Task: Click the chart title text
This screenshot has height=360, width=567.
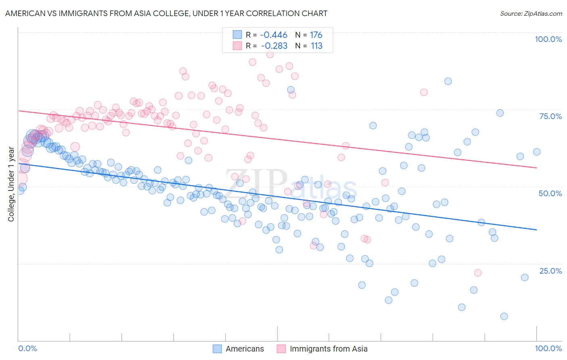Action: (x=166, y=13)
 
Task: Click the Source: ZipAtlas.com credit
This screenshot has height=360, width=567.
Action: (x=531, y=13)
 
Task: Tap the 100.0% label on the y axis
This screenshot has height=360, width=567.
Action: (x=548, y=39)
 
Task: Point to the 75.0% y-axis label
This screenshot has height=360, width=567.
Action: (x=550, y=116)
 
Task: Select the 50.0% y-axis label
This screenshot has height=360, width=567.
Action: (x=550, y=193)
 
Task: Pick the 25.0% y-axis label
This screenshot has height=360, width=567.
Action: (x=550, y=270)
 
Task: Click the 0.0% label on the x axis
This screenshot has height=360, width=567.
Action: (x=27, y=348)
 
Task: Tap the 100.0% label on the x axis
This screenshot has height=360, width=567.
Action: (x=548, y=348)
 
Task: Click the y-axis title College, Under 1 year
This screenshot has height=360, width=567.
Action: (x=11, y=184)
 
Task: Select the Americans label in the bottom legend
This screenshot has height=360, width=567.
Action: (x=244, y=349)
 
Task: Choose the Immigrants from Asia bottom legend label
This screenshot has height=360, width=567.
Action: (x=328, y=349)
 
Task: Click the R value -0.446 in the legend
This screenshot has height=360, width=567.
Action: (x=273, y=35)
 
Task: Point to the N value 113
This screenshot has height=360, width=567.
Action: (x=317, y=46)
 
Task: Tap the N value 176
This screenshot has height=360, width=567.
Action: (x=316, y=35)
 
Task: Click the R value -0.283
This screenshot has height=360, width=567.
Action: (x=274, y=46)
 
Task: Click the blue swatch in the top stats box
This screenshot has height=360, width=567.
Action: (x=237, y=35)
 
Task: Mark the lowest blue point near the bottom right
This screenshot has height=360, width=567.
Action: (x=504, y=316)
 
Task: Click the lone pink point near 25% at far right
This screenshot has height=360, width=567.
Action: (x=477, y=273)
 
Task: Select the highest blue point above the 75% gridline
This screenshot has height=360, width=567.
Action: (x=448, y=81)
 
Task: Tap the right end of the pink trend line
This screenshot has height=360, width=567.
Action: (x=536, y=167)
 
